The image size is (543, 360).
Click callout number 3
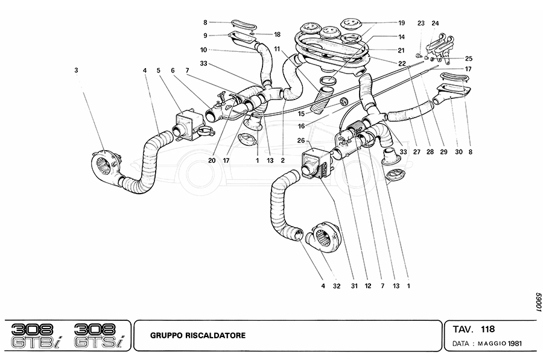[77, 70]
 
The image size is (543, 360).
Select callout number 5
[159, 70]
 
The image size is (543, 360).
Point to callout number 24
[436, 24]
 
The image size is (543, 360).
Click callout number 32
[336, 286]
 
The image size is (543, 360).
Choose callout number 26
[300, 141]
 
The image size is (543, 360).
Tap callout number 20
[213, 161]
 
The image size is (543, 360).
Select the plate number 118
[488, 329]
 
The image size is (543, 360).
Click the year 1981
[514, 344]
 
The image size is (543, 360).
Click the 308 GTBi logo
[36, 335]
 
